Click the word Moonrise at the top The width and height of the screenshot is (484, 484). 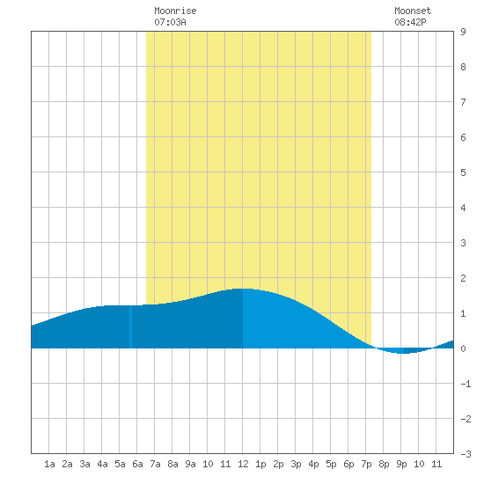(175, 11)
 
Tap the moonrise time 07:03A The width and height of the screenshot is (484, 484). (170, 22)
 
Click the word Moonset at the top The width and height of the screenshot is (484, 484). (413, 11)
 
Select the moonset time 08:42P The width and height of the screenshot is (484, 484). (410, 22)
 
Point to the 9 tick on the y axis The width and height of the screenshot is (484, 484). (463, 32)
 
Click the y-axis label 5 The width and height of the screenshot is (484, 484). (463, 172)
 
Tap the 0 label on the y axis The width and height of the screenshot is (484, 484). (463, 348)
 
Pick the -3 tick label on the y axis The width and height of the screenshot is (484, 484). (466, 454)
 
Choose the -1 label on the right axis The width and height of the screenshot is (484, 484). (466, 384)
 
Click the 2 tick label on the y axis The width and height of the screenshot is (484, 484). (463, 278)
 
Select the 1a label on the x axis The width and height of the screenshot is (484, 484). (49, 464)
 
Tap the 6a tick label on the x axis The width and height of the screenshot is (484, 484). (137, 464)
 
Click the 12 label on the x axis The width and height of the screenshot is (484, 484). (243, 464)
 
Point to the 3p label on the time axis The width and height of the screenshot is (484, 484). (296, 464)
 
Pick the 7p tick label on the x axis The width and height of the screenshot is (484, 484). (366, 464)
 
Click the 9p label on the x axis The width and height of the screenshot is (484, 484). (401, 464)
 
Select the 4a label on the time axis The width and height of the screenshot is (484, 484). (102, 464)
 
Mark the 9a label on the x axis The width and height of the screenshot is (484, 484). (190, 464)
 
